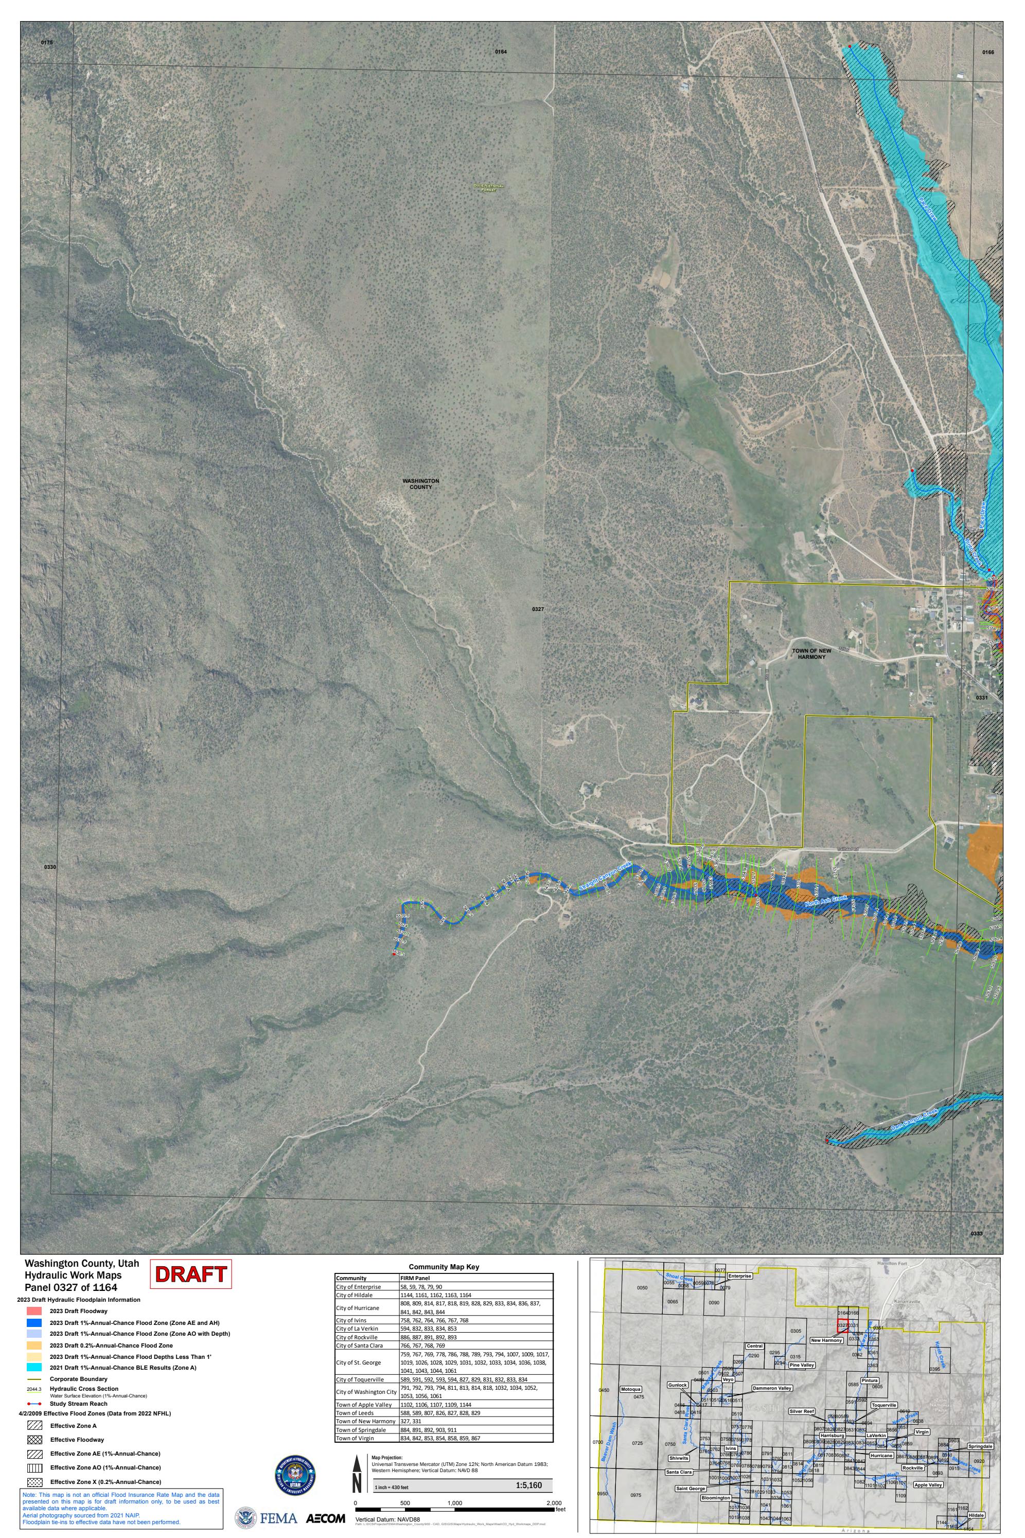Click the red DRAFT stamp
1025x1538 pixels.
191,1274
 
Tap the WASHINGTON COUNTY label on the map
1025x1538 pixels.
420,484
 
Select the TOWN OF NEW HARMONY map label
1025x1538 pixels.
811,654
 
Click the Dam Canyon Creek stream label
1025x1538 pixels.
914,1121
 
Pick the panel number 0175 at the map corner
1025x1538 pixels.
46,43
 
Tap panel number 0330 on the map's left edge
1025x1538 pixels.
50,867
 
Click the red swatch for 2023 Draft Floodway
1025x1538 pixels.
34,1311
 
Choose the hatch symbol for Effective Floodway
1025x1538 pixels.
34,1440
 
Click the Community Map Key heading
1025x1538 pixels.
444,1267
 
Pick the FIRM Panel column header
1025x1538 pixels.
415,1278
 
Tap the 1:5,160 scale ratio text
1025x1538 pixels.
528,1485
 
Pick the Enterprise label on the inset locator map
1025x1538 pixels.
739,1276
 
